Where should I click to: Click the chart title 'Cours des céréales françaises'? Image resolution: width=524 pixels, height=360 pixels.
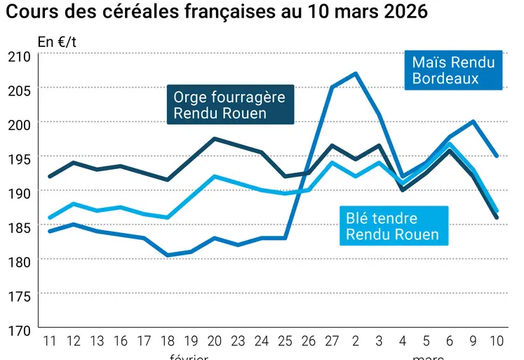coord(217,12)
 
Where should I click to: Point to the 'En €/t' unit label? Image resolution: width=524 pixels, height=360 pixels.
coord(57,41)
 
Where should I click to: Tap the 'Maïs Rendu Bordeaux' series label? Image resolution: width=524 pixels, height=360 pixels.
coord(453,70)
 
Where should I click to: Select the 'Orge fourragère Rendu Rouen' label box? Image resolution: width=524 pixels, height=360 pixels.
coord(229,105)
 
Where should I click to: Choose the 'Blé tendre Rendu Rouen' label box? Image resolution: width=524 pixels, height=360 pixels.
coord(392,226)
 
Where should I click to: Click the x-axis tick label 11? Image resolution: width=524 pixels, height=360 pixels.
coord(50,341)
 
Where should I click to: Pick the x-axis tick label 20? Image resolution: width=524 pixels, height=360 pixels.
coord(215,341)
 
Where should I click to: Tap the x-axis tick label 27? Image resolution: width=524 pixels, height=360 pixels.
coord(332,341)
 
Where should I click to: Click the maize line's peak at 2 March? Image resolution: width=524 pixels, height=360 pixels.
coord(356,73)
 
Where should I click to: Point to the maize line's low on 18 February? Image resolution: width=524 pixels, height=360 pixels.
coord(168,255)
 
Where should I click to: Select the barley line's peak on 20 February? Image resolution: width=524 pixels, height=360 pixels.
coord(215,139)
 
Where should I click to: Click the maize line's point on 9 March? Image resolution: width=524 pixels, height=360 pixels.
coord(473,121)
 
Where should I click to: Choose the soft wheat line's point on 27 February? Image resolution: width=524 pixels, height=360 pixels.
coord(332,163)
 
